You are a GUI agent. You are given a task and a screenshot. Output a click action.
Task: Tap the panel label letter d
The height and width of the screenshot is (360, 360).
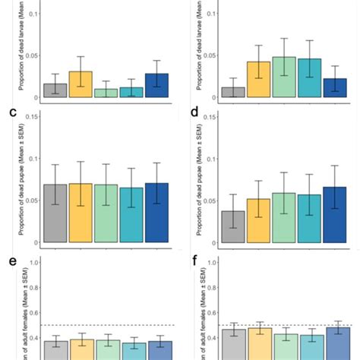point(194,113)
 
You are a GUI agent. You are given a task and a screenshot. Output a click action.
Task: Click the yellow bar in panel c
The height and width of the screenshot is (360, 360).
point(80,213)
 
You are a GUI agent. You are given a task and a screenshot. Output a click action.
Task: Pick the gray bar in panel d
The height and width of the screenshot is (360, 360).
point(234,226)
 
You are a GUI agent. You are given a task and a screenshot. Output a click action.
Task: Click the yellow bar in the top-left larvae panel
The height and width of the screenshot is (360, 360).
point(80,84)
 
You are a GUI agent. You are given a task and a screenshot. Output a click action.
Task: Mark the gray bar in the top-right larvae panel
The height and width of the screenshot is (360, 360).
point(234,92)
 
